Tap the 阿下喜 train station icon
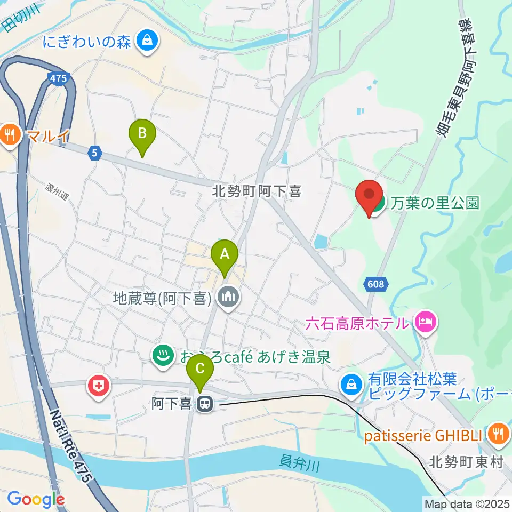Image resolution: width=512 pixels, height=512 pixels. [x=203, y=405]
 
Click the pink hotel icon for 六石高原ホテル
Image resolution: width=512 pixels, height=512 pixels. [x=425, y=323]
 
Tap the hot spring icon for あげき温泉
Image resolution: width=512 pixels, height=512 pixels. [x=162, y=355]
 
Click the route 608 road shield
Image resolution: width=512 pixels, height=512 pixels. [x=375, y=285]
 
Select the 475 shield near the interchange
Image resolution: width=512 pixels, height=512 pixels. [x=59, y=78]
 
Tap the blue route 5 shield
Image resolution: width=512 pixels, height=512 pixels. [x=94, y=153]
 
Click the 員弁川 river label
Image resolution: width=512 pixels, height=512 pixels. [x=299, y=463]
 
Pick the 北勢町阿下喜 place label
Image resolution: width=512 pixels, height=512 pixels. [x=257, y=191]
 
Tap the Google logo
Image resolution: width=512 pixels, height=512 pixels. [x=35, y=499]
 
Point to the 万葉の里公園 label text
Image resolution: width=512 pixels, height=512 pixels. [x=435, y=203]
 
